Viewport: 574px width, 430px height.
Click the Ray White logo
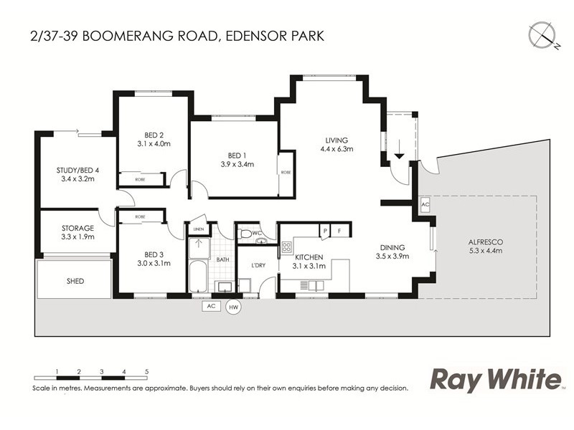click(494, 379)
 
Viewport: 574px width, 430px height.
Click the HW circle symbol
click(233, 307)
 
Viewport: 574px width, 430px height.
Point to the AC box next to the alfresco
click(425, 204)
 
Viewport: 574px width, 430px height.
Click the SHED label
click(75, 281)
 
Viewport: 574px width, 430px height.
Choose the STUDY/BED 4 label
click(77, 170)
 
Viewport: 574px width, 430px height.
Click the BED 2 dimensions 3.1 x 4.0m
click(154, 143)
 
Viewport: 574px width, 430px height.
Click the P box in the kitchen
click(325, 230)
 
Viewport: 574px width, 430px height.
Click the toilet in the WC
click(246, 233)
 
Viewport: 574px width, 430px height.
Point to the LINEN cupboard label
click(198, 229)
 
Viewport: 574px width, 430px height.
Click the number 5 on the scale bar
click(146, 371)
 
